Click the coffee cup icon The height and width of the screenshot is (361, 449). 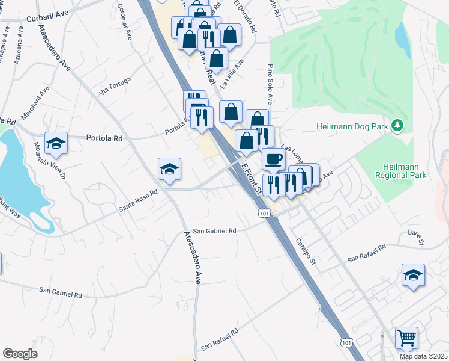point(273,159)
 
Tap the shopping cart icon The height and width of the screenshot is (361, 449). point(406,338)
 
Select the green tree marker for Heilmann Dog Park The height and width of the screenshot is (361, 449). point(396,126)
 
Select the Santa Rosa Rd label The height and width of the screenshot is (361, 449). point(137,200)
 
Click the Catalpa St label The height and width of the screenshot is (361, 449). point(305,251)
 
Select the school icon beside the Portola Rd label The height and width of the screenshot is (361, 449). point(56,142)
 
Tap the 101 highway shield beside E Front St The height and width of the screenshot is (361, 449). point(264,213)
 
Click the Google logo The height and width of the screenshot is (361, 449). point(19,354)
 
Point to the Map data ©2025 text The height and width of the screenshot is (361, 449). point(423,356)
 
